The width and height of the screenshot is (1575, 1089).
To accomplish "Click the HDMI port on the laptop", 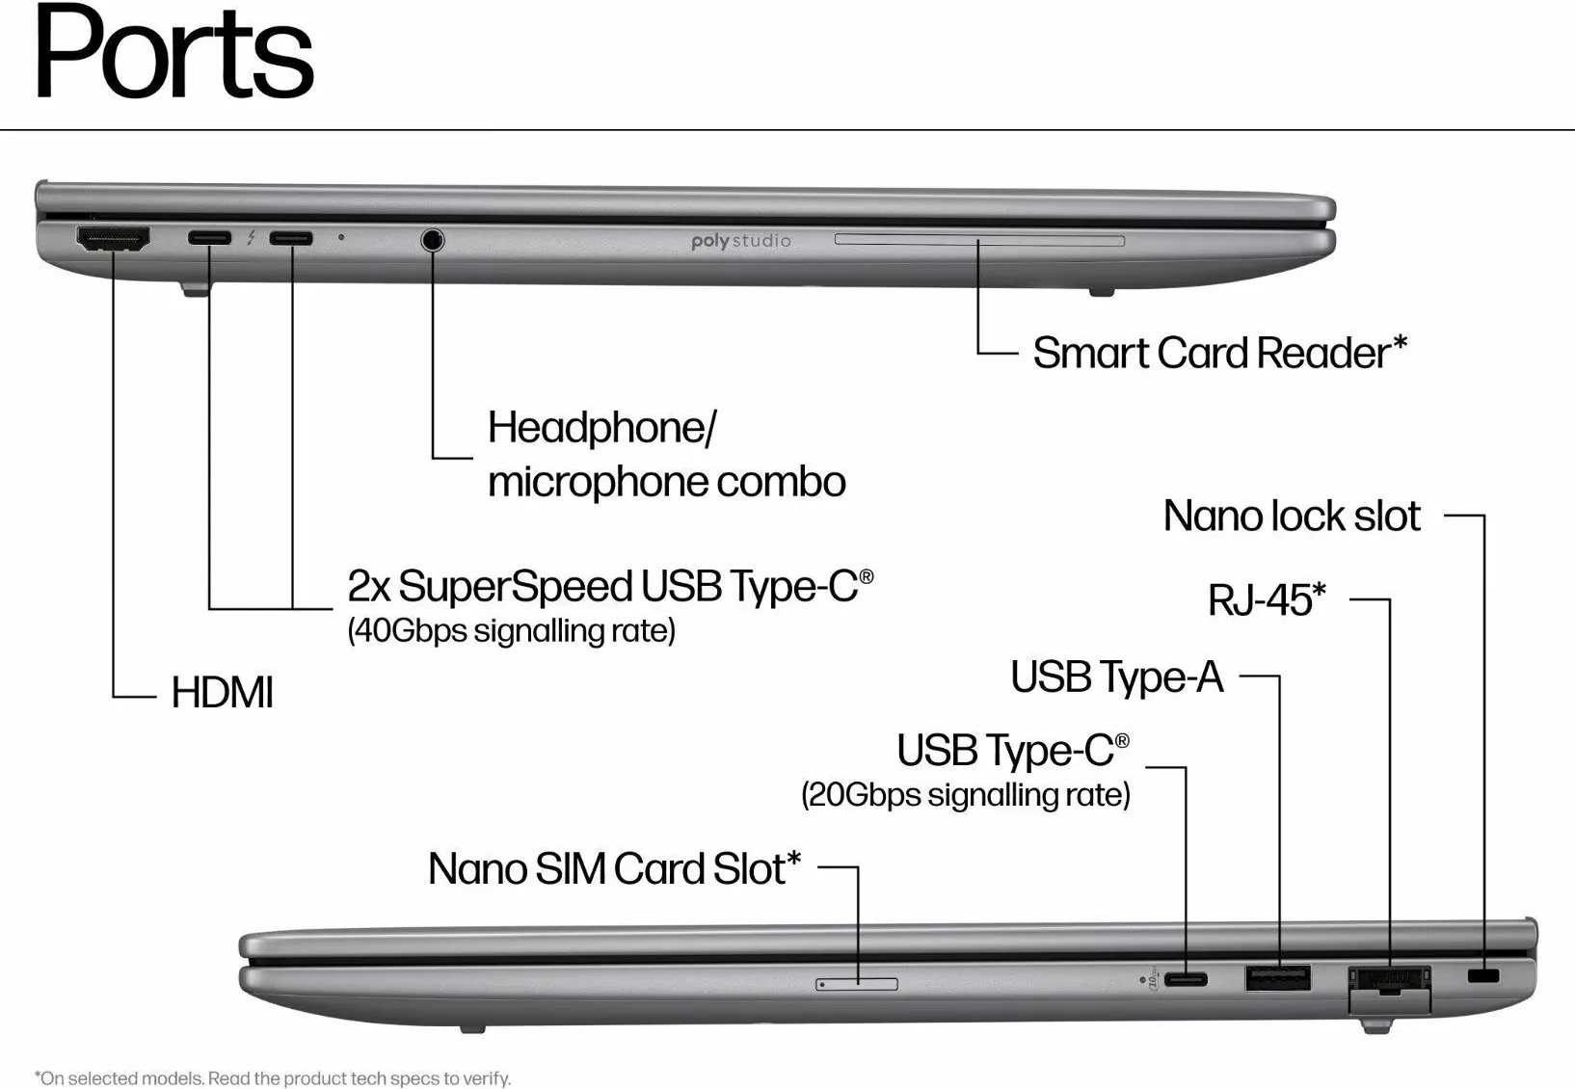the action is (113, 239).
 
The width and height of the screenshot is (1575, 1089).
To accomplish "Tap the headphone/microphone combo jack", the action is (433, 239).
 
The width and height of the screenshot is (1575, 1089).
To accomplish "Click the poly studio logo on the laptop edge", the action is (740, 241).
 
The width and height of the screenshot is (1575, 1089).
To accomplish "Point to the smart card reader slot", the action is (979, 239).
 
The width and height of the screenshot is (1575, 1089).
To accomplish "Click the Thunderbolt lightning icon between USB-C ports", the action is (251, 237).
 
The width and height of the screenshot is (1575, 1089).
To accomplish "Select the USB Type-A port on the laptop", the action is (1278, 977).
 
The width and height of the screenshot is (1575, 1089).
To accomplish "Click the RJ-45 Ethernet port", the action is (1389, 981).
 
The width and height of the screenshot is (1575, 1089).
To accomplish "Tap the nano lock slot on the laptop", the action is (1483, 976).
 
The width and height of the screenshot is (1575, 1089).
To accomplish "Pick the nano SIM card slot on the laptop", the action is (857, 984).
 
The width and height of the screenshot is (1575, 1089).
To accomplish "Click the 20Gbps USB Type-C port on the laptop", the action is (1186, 980).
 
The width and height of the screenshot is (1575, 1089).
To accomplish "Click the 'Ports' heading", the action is (174, 52).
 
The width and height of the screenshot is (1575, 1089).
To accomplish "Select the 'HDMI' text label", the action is (223, 693).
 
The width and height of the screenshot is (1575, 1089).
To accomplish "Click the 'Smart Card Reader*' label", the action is (1220, 353).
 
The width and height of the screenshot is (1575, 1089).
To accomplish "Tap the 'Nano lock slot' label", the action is (1292, 517).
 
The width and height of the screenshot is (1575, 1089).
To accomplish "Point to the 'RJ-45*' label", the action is (1267, 599).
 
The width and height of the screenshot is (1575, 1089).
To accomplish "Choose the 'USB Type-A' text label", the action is (1117, 677).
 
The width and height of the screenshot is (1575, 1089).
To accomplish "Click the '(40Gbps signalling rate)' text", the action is (512, 631).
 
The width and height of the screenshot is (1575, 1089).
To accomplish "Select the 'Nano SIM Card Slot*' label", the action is (615, 868).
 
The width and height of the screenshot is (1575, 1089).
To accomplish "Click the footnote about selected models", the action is (273, 1078).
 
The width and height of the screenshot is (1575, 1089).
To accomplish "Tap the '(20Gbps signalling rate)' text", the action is (966, 795).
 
